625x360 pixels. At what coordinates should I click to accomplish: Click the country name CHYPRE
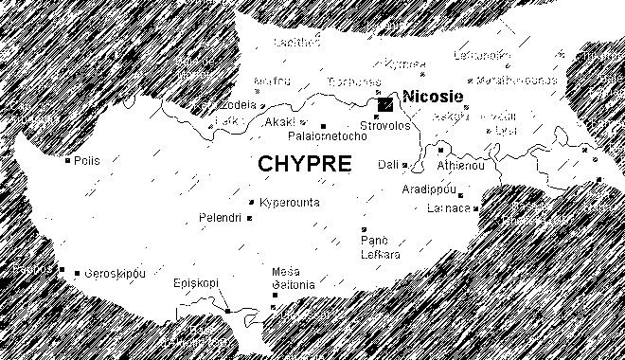304,163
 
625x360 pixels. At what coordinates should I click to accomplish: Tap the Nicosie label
432,96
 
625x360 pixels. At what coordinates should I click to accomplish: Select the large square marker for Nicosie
385,105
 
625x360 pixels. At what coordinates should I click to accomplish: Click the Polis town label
87,161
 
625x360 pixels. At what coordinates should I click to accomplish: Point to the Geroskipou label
116,273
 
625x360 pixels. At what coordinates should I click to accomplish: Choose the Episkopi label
197,283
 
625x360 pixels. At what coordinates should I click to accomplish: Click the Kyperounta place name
289,203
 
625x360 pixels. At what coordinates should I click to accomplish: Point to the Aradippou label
430,189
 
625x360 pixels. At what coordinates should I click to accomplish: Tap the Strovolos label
384,125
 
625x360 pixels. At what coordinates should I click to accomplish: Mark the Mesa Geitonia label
293,277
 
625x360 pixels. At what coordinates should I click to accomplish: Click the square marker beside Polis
66,161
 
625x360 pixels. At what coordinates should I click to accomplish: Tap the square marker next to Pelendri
249,219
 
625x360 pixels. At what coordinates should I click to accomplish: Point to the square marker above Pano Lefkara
364,229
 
